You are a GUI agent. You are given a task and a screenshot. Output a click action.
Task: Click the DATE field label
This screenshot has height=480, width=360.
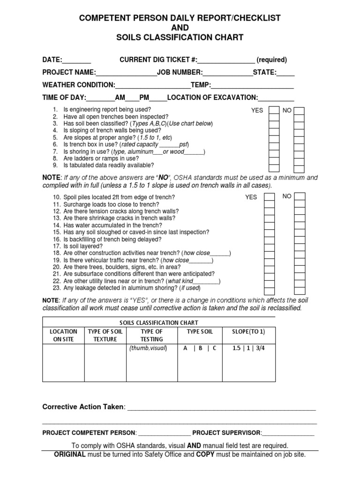52,60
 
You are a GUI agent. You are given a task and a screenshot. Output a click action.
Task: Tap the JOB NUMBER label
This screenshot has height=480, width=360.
180,73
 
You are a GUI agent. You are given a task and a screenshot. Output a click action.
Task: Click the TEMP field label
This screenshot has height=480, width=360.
201,85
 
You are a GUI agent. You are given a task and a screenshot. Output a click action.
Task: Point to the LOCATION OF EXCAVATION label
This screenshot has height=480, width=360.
212,97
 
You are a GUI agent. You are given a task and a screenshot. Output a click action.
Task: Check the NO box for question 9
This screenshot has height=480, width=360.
299,167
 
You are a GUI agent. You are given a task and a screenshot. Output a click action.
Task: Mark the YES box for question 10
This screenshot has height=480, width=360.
270,197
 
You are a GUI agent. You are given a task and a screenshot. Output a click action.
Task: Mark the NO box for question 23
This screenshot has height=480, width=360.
299,288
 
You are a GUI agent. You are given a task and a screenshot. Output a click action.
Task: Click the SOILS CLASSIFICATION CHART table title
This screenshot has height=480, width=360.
159,323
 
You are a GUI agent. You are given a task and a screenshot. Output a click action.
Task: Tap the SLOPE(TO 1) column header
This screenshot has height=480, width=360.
248,331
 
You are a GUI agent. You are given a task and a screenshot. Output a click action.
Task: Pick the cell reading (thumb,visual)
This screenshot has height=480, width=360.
148,348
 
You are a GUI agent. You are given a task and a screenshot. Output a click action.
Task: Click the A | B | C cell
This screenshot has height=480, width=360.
200,348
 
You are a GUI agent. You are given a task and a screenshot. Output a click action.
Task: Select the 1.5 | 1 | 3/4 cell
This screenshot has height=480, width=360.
248,348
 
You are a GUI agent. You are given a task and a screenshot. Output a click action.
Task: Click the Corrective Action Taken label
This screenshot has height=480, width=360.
83,406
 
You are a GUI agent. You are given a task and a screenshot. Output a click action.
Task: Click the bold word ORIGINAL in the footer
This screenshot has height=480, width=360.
70,454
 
